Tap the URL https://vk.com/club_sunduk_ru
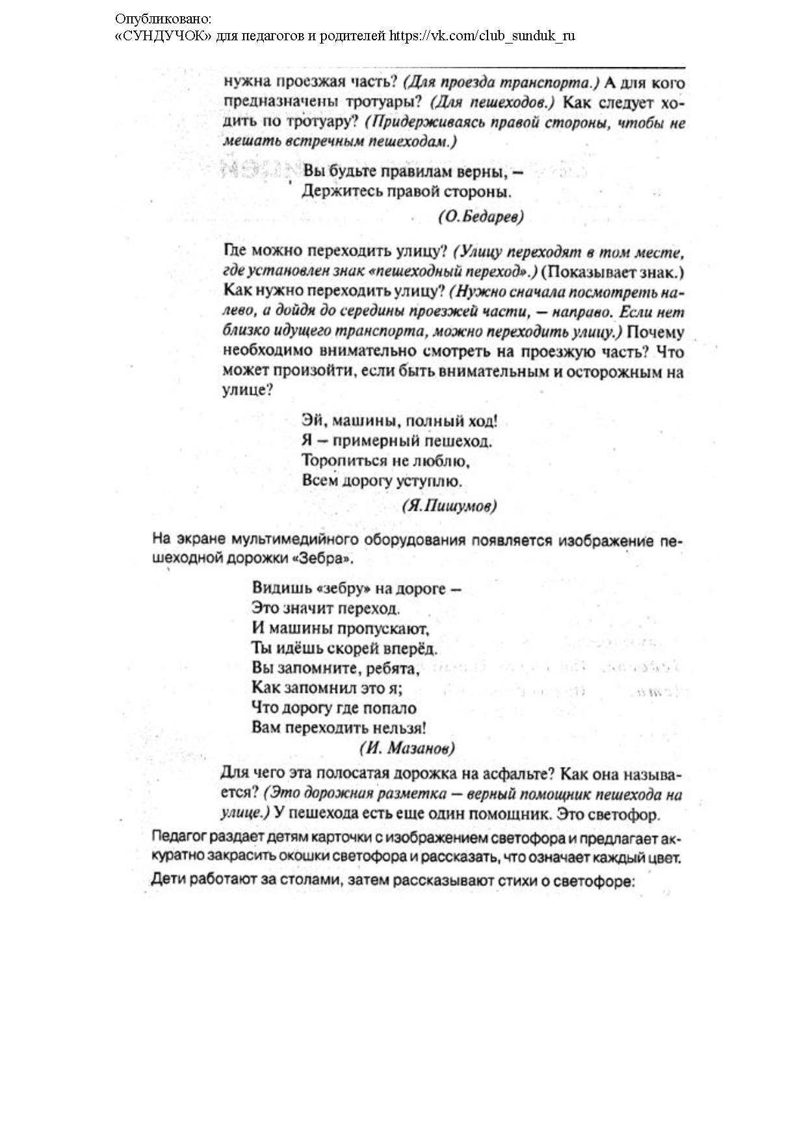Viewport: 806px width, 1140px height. [x=482, y=36]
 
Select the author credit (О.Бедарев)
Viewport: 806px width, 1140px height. [x=481, y=217]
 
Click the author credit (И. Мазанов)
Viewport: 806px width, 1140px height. [x=407, y=747]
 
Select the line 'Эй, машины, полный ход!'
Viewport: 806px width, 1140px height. [x=400, y=421]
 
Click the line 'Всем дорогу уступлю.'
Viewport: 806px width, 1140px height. [x=382, y=482]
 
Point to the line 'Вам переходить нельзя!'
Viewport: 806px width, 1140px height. [x=339, y=728]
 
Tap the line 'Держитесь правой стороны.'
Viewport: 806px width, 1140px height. [x=407, y=192]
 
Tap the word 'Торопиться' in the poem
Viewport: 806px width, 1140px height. [x=341, y=461]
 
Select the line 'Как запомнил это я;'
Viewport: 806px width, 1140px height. [x=327, y=688]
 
